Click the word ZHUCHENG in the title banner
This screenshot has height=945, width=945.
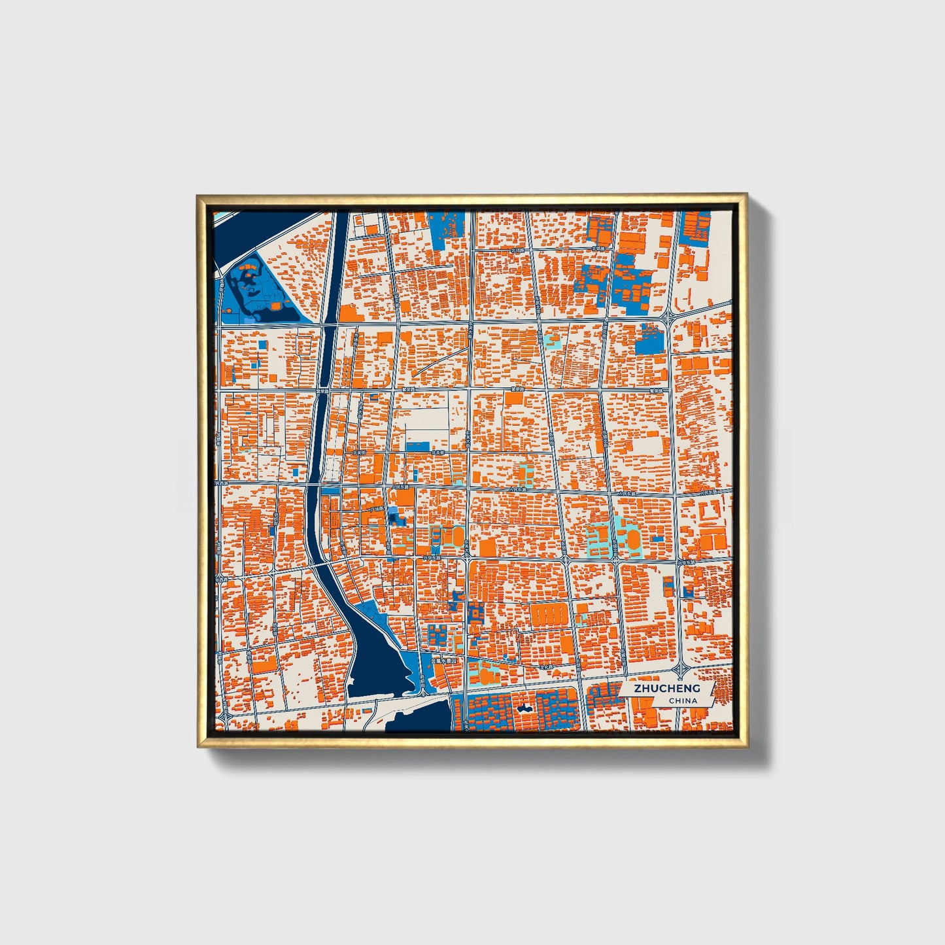(666, 688)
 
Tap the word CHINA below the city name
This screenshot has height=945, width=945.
(682, 700)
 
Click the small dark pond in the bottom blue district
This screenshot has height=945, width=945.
(523, 708)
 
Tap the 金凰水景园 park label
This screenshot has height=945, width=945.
(447, 661)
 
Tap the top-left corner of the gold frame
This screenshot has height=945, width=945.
(199, 196)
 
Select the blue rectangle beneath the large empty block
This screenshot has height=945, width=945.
(417, 446)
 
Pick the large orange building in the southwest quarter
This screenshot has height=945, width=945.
(265, 666)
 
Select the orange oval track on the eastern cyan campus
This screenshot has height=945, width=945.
(634, 538)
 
